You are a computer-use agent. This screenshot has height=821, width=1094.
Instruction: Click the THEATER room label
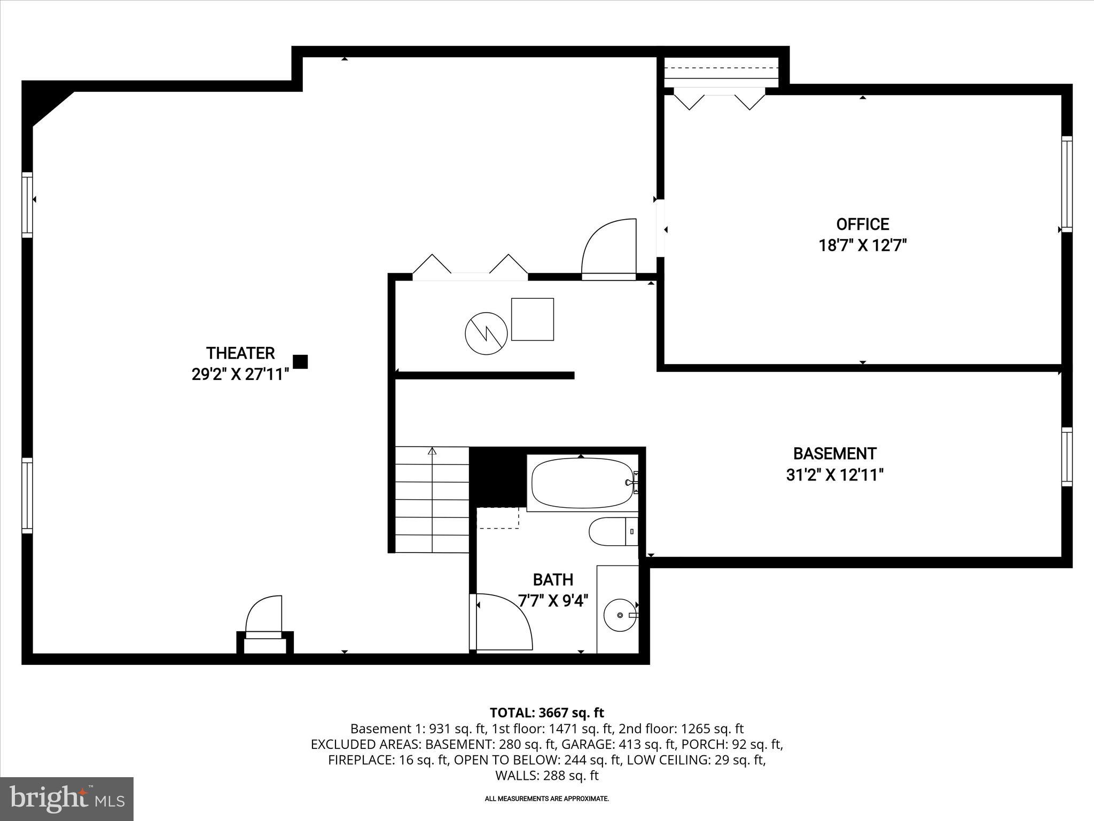[x=240, y=353]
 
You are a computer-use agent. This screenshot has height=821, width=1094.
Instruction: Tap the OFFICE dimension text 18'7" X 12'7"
[x=863, y=245]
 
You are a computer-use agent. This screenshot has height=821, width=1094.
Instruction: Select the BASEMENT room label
[x=834, y=454]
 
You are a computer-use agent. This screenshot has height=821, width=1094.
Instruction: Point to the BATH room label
[x=553, y=580]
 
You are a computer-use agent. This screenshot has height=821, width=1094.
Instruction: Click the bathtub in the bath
[x=582, y=483]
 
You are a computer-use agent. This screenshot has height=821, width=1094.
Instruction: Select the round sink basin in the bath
[x=620, y=615]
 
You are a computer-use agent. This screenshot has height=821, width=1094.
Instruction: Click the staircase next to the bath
[x=432, y=500]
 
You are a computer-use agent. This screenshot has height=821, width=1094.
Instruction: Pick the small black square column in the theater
[x=300, y=362]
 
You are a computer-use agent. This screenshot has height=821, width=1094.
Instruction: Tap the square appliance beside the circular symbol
[x=532, y=319]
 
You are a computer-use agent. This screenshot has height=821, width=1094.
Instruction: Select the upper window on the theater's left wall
[x=27, y=205]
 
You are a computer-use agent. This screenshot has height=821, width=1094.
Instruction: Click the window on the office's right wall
[x=1066, y=184]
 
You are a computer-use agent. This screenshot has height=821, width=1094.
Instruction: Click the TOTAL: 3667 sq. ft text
[x=546, y=712]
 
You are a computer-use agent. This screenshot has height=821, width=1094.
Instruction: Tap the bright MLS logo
[x=66, y=799]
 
